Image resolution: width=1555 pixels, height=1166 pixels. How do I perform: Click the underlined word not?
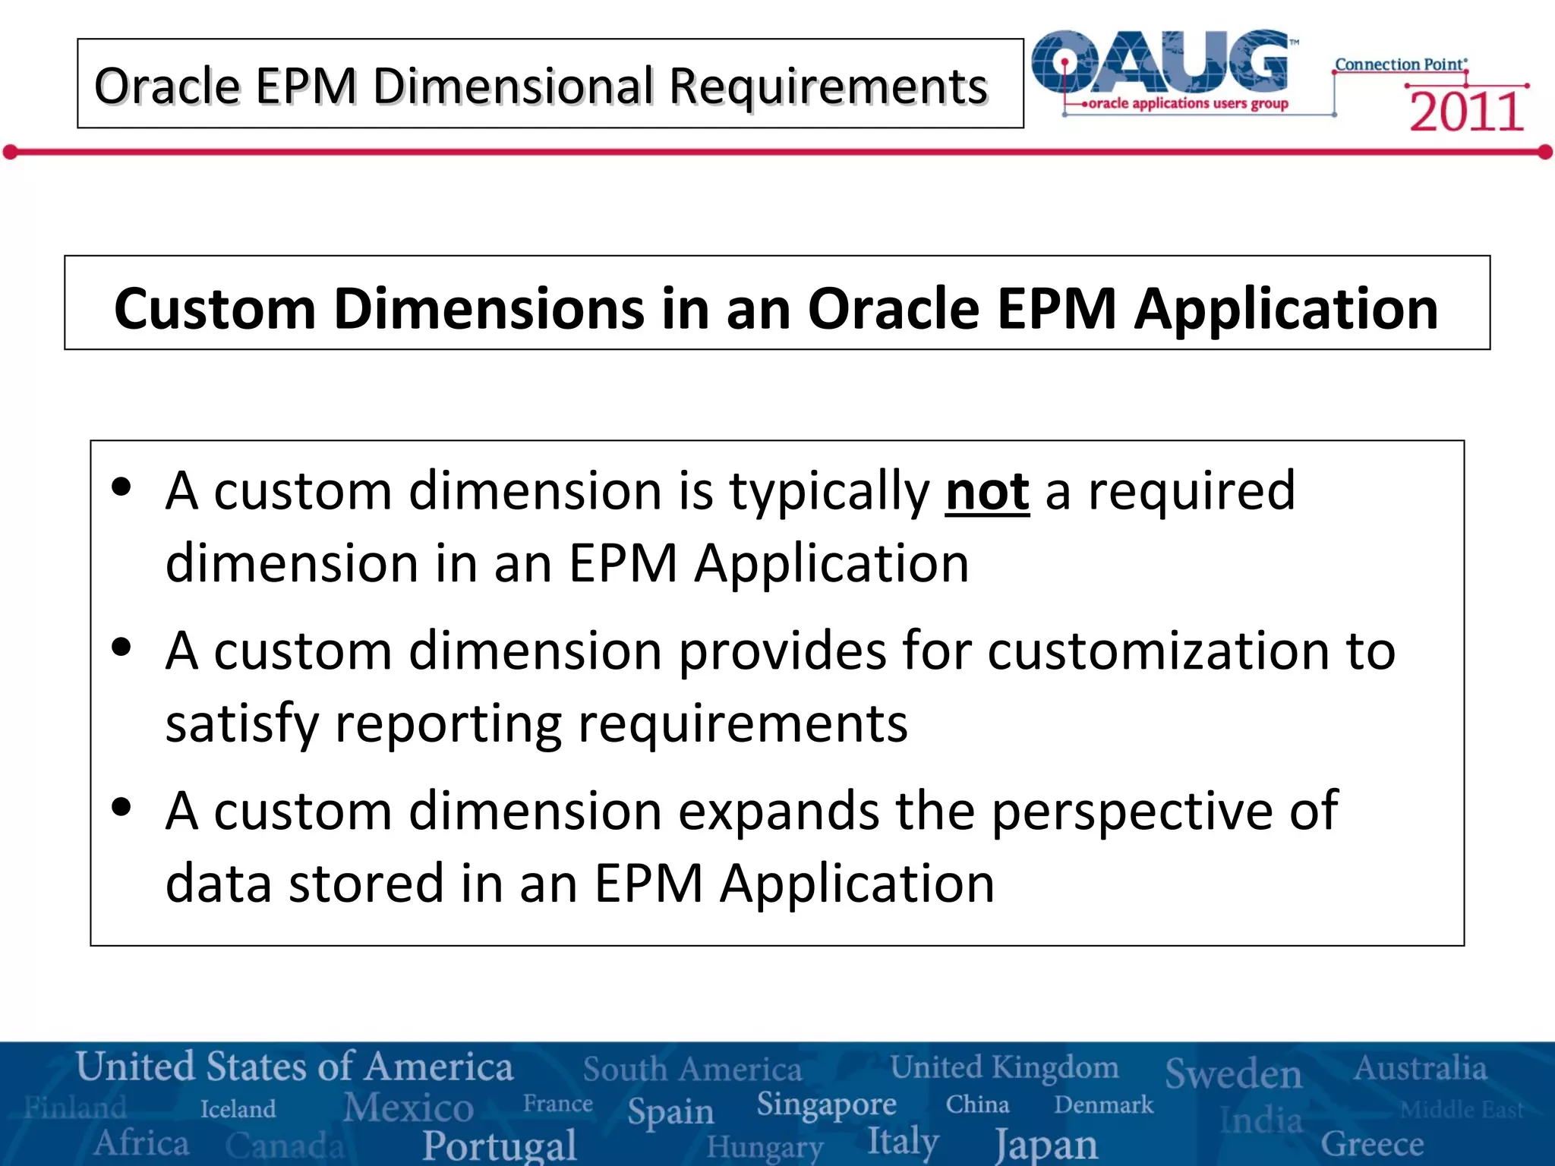click(x=987, y=492)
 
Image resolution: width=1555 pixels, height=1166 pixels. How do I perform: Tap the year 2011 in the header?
click(x=1466, y=112)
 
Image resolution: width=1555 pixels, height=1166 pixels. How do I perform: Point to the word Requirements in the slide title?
click(x=828, y=86)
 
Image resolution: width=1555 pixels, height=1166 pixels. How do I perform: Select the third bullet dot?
click(x=121, y=806)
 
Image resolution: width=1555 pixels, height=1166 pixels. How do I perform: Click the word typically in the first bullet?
click(x=829, y=492)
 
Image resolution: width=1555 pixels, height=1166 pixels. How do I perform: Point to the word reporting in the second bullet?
click(x=448, y=723)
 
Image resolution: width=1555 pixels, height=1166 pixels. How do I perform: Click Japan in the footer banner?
click(x=1046, y=1144)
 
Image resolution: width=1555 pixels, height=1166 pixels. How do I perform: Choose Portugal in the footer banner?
click(x=500, y=1145)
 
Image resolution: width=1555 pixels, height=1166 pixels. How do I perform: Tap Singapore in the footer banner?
click(x=826, y=1105)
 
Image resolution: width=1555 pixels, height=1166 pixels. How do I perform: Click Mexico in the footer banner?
click(x=408, y=1108)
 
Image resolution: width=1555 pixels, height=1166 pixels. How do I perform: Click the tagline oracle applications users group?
click(x=1188, y=103)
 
